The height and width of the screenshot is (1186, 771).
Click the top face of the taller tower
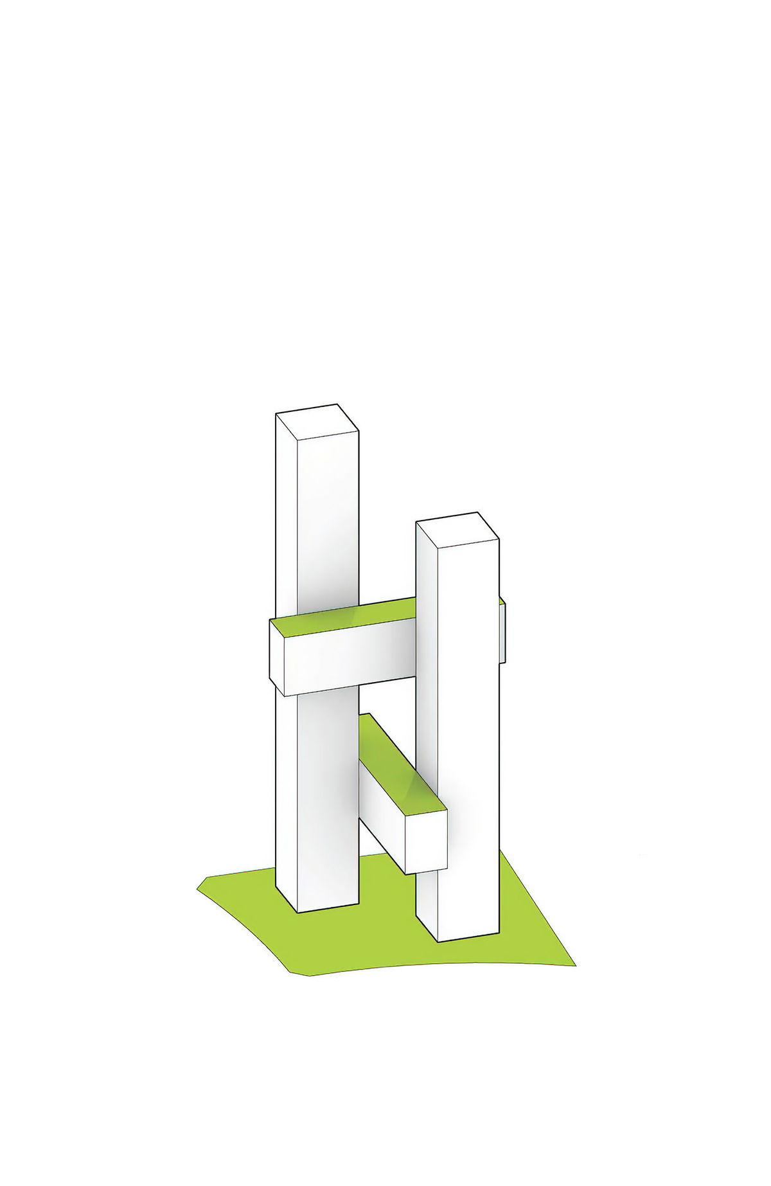pos(316,422)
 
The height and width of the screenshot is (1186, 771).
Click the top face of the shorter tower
pos(457,531)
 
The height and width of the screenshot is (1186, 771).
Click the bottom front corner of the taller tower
pos(299,912)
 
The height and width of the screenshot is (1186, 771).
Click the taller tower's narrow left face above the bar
pos(287,514)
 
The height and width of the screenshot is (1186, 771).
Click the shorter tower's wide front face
pos(469,739)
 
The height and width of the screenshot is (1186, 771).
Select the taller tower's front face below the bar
pos(328,804)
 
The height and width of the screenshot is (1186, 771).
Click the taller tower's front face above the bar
pos(328,514)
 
